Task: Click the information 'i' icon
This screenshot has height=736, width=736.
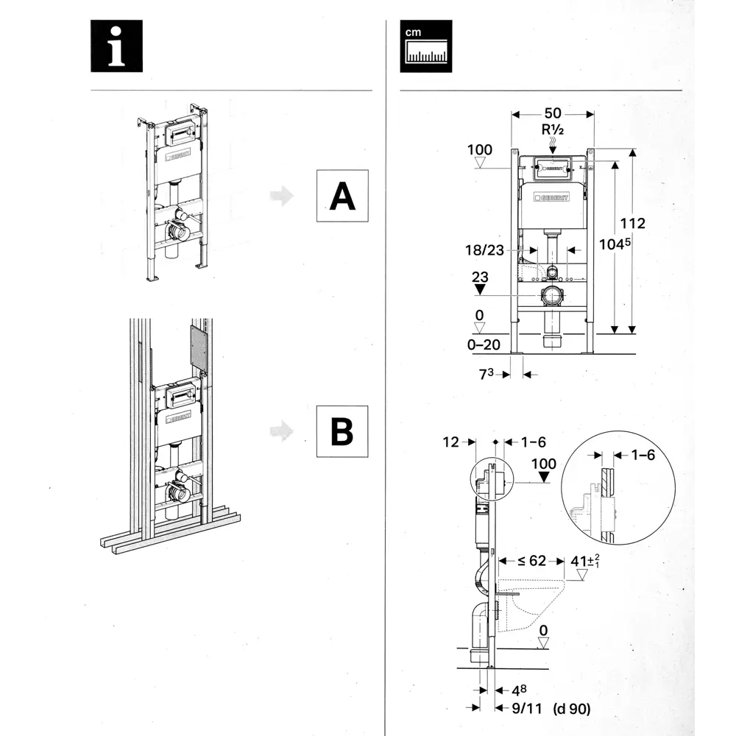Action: pyautogui.click(x=116, y=46)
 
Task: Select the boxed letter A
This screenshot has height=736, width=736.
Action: pyautogui.click(x=342, y=196)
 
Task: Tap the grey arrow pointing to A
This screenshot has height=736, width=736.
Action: pyautogui.click(x=281, y=197)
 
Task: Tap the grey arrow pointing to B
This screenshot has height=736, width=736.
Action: pyautogui.click(x=281, y=432)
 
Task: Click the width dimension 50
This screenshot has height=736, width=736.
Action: pyautogui.click(x=553, y=113)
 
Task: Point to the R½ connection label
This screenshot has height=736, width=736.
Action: pyautogui.click(x=553, y=130)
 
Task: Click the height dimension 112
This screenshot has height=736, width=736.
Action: pyautogui.click(x=633, y=223)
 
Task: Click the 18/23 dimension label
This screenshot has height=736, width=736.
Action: pyautogui.click(x=484, y=250)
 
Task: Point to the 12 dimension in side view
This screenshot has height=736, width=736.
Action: pyautogui.click(x=451, y=442)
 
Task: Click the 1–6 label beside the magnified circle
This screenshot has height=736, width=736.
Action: pyautogui.click(x=643, y=456)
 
